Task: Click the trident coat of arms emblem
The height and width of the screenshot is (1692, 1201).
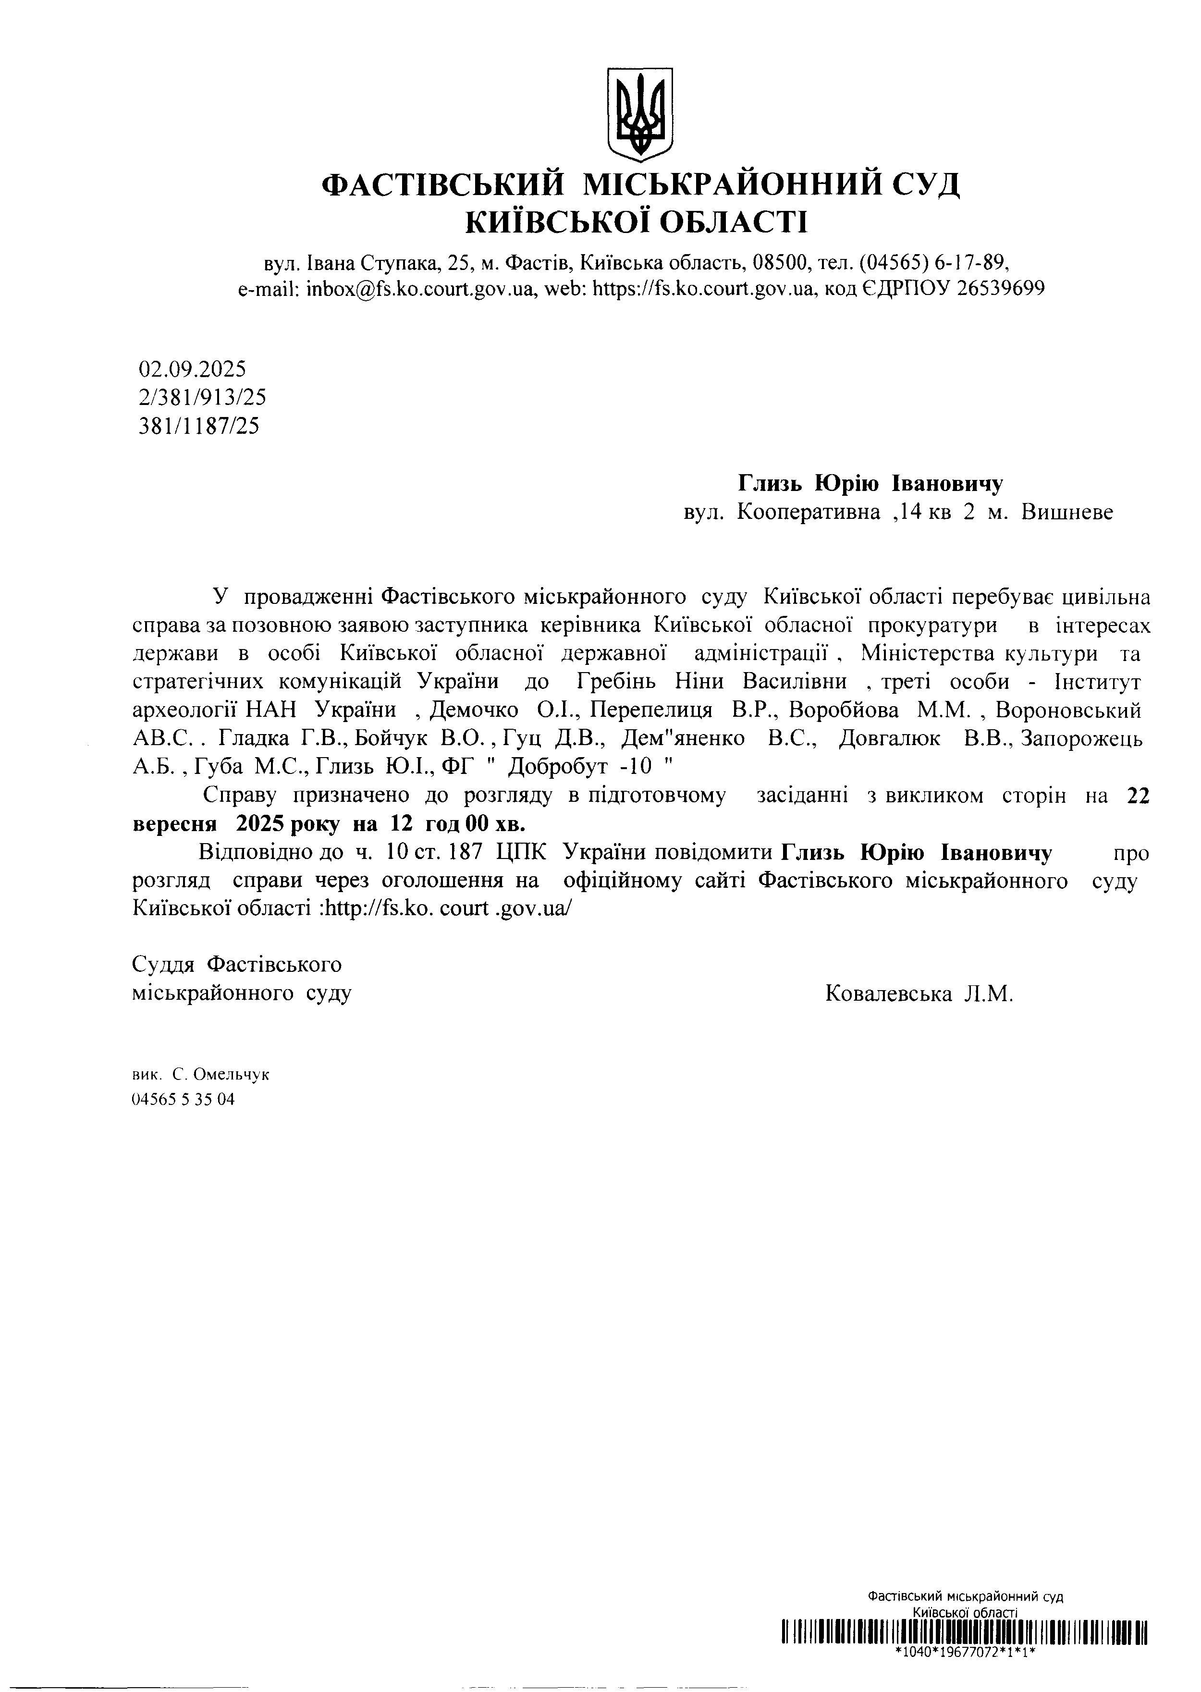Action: point(640,115)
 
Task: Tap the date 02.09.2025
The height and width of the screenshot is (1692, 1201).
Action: point(192,368)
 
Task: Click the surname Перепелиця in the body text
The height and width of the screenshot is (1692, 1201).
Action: point(651,710)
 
